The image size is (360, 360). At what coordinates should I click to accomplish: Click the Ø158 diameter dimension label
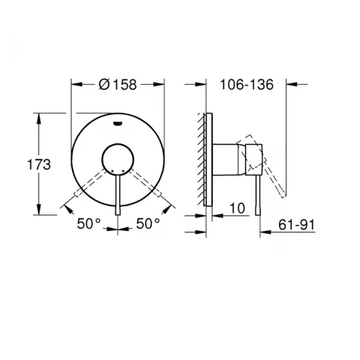pyautogui.click(x=118, y=85)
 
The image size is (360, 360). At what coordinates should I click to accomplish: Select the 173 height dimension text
pyautogui.click(x=39, y=165)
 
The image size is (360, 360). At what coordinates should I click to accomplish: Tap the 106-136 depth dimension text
pyautogui.click(x=247, y=85)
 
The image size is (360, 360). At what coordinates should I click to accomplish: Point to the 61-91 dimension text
pyautogui.click(x=296, y=225)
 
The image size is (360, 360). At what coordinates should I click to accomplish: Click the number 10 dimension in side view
pyautogui.click(x=237, y=208)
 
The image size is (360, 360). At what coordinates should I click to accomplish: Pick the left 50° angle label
pyautogui.click(x=88, y=223)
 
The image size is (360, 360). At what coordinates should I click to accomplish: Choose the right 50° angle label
pyautogui.click(x=148, y=223)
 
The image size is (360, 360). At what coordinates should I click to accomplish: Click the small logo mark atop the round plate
pyautogui.click(x=118, y=123)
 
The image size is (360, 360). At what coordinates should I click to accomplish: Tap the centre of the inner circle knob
pyautogui.click(x=118, y=160)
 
